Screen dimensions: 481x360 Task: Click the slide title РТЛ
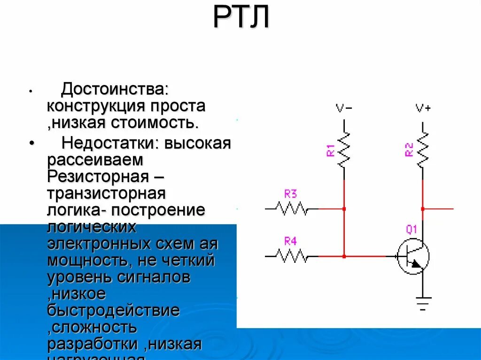(241, 18)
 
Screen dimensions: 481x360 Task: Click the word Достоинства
(115, 88)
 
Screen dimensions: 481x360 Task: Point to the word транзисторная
(106, 193)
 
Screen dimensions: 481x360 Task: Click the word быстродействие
(113, 310)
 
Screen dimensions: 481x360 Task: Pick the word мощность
(83, 260)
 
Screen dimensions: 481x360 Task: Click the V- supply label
(344, 108)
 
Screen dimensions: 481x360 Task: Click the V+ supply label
(423, 108)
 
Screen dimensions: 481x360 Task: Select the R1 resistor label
(330, 150)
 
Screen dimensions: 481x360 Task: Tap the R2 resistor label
(409, 150)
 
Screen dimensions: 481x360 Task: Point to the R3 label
(290, 193)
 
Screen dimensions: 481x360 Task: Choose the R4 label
(290, 241)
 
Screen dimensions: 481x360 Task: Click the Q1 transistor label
(411, 230)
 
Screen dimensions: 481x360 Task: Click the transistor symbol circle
(413, 256)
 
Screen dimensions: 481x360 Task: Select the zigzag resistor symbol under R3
(292, 208)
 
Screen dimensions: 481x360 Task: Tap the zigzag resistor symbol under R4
(292, 256)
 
